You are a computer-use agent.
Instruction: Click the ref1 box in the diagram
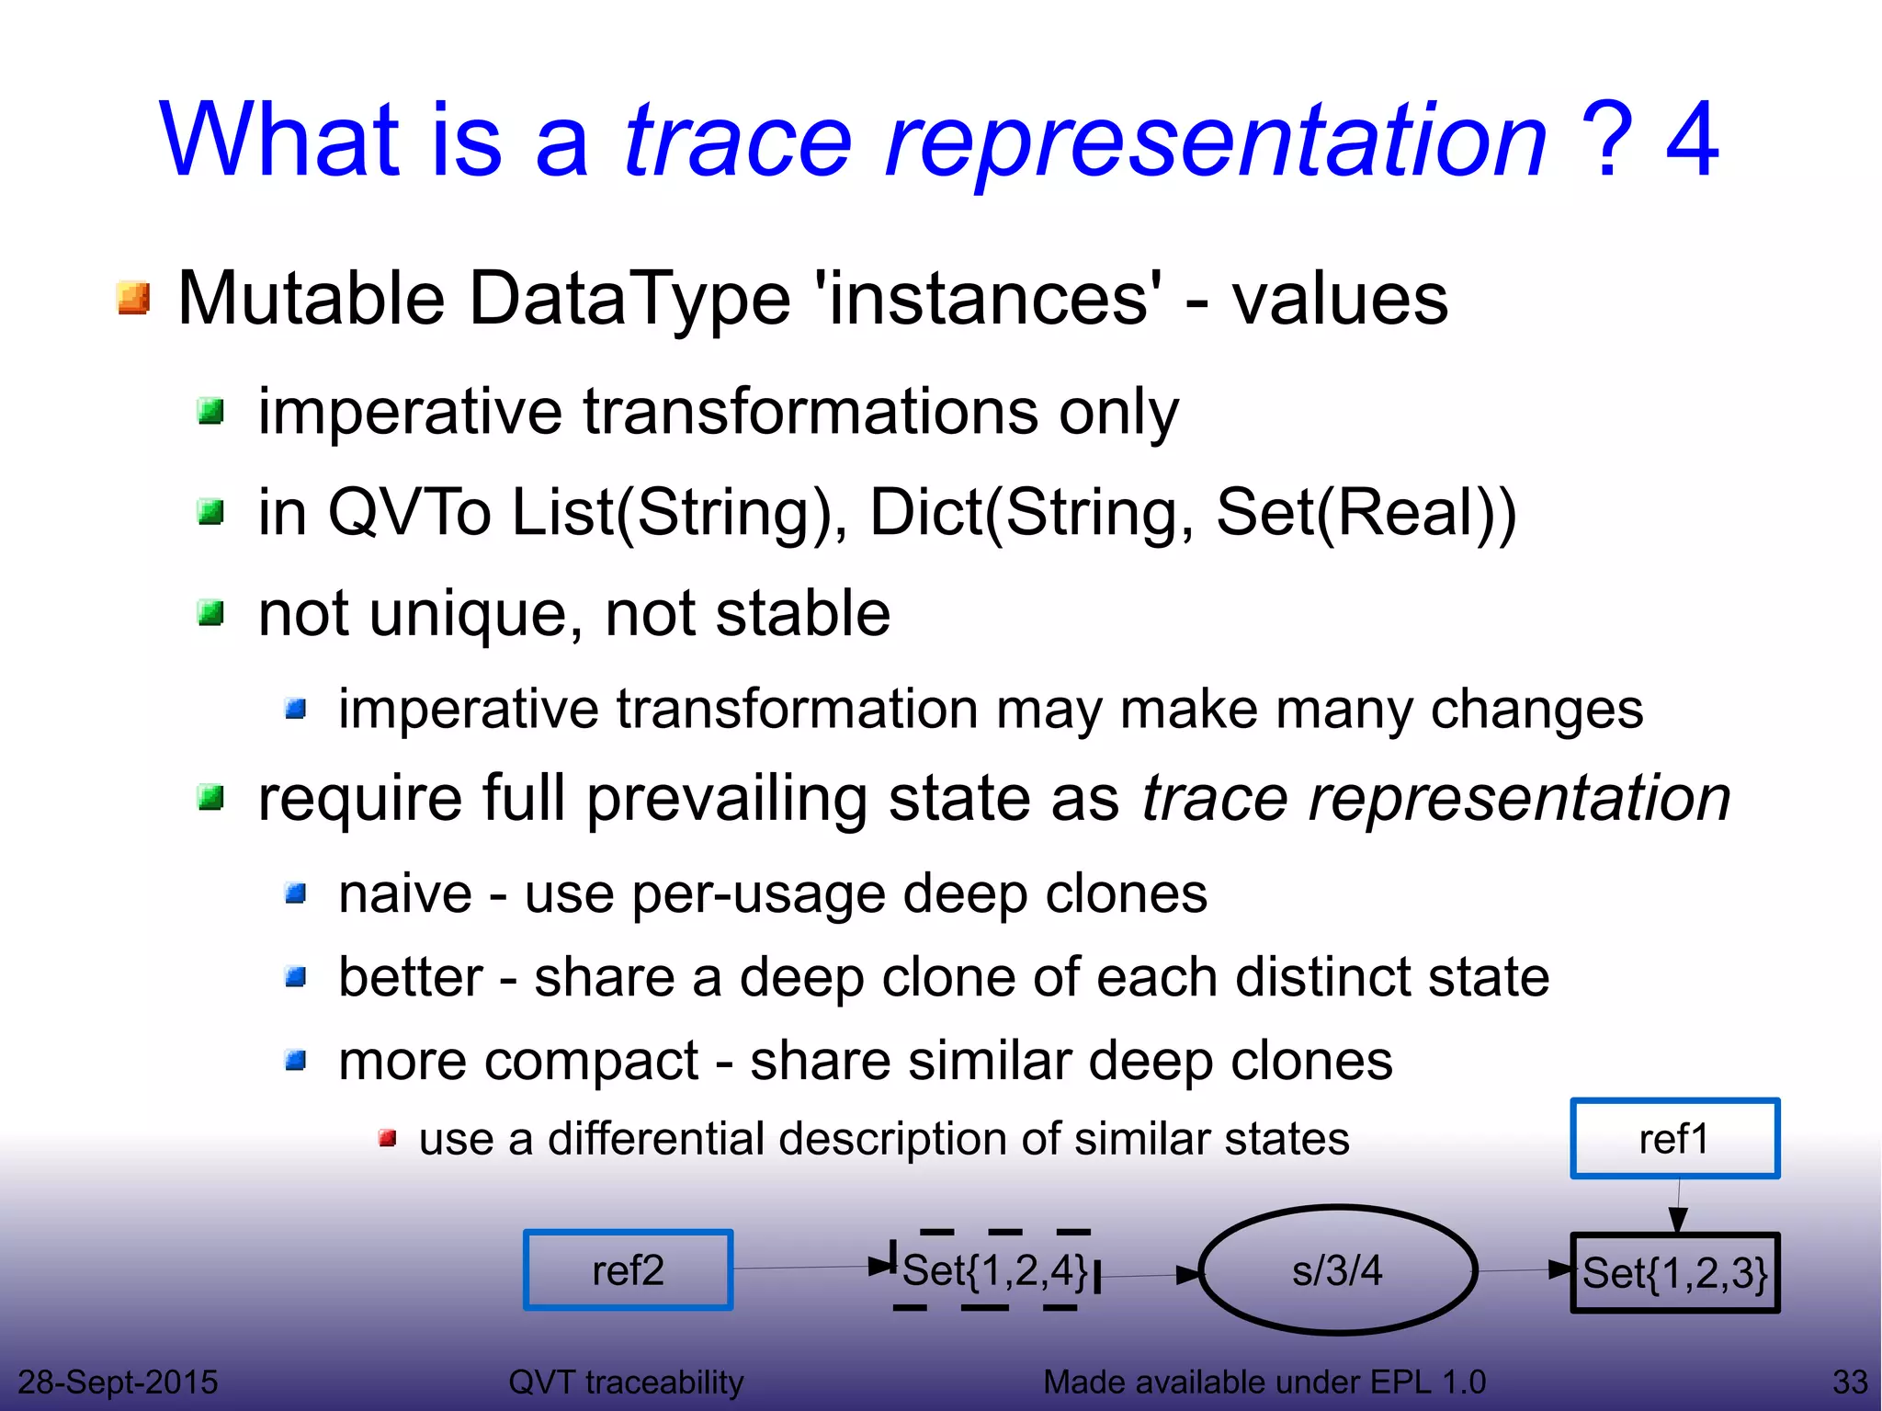(x=1674, y=1138)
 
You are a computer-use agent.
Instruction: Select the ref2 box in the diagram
(x=628, y=1269)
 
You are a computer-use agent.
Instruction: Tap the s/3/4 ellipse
(x=1337, y=1270)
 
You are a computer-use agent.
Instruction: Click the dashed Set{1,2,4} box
(x=995, y=1270)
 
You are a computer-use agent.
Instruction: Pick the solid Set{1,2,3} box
(x=1674, y=1273)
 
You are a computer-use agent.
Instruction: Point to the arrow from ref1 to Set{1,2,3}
(x=1678, y=1207)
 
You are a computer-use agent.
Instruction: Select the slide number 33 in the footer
(x=1849, y=1382)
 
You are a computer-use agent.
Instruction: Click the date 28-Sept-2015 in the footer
(x=118, y=1382)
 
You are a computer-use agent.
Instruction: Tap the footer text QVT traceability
(x=626, y=1382)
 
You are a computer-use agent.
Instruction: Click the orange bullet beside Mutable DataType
(x=134, y=299)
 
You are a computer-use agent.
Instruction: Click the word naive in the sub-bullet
(x=404, y=893)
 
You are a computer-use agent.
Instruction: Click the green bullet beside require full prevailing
(x=211, y=798)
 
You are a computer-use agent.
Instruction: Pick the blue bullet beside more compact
(x=296, y=1062)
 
